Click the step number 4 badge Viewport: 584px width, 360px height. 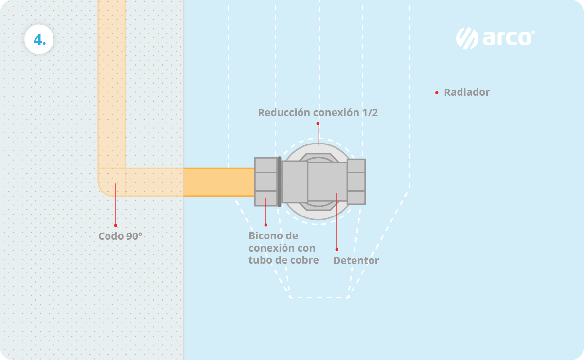(39, 39)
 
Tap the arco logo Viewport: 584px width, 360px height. (495, 38)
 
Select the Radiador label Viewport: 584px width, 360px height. (467, 92)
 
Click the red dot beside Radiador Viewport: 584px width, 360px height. (437, 92)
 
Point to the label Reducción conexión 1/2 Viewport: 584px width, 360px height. (318, 113)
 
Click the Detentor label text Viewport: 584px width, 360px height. (356, 261)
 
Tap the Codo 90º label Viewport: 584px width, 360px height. (120, 236)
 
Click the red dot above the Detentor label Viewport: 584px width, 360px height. (336, 249)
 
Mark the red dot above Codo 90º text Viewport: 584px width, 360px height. (115, 225)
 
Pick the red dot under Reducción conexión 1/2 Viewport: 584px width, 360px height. (318, 123)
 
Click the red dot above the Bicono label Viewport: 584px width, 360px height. (266, 225)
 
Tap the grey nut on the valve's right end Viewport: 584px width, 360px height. (356, 181)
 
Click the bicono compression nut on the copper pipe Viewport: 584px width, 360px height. (266, 181)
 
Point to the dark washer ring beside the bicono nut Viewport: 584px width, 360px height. (280, 181)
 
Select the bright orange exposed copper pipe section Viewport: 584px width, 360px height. (219, 182)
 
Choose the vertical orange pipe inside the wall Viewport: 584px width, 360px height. (112, 83)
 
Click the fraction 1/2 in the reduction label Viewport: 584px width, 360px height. (370, 113)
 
